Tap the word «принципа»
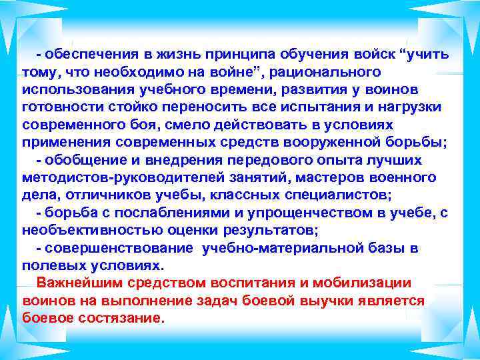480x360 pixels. (x=255, y=53)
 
